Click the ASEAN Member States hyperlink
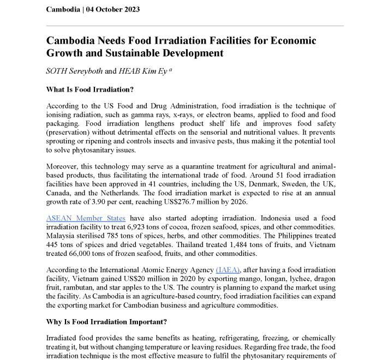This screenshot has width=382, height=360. (x=86, y=218)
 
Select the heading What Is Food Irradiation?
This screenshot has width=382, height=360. (x=90, y=89)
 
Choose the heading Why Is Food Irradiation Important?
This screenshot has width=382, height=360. (x=107, y=322)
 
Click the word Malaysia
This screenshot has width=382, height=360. (x=63, y=236)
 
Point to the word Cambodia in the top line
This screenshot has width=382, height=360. (x=63, y=9)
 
